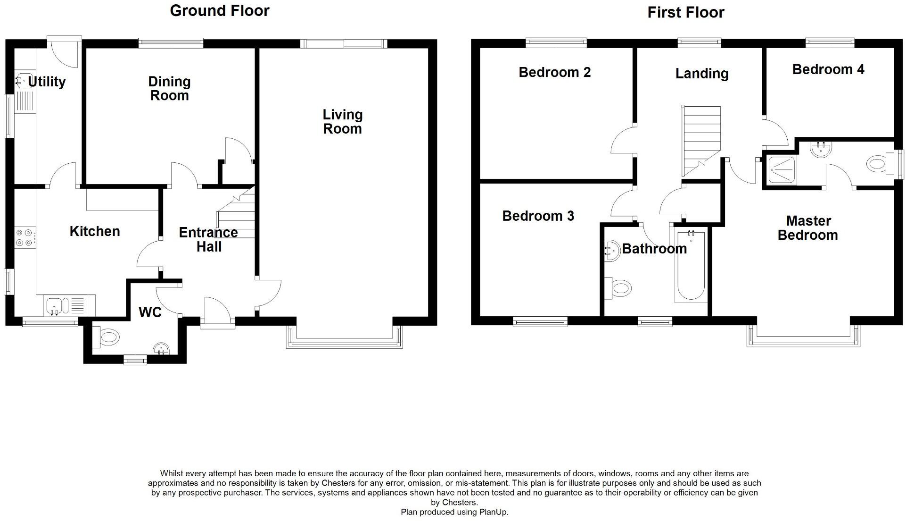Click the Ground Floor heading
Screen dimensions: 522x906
coord(219,11)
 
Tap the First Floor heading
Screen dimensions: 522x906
coord(685,13)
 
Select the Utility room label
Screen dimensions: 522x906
coord(47,82)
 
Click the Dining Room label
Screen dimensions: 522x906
coord(169,89)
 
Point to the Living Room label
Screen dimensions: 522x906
coord(342,122)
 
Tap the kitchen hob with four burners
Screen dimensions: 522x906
coord(25,237)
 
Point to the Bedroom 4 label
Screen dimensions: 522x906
coord(828,70)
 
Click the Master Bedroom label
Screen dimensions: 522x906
coord(808,228)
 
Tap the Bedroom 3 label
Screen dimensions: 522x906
coord(538,216)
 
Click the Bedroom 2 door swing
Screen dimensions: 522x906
coord(622,140)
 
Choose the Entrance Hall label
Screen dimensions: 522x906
coord(208,240)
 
